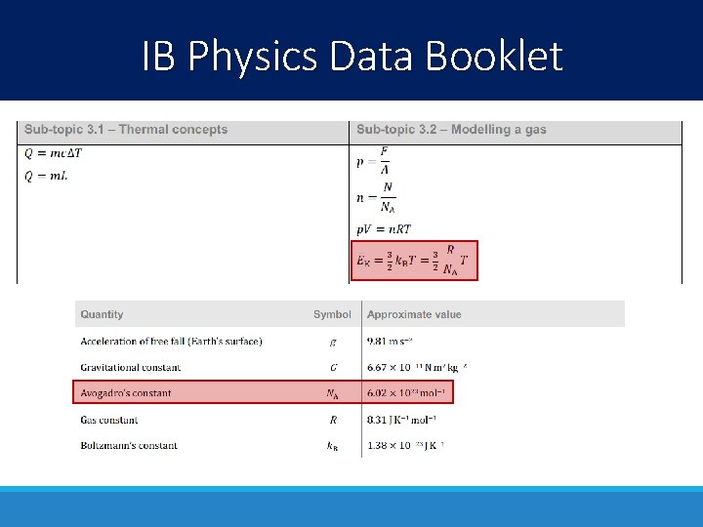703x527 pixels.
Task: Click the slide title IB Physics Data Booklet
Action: [351, 56]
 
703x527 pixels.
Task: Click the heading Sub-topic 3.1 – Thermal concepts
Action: [126, 130]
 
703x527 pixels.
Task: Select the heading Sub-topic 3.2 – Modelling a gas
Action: [451, 130]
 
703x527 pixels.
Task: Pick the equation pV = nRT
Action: [384, 229]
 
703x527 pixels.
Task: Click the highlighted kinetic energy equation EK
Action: [414, 261]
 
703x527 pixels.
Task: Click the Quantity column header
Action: [103, 314]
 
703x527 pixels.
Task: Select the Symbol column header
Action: [332, 314]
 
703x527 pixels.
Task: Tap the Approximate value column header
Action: [414, 314]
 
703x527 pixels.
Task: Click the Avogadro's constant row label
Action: [126, 393]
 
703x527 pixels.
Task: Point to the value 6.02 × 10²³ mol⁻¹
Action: [406, 393]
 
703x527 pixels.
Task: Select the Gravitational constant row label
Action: [130, 367]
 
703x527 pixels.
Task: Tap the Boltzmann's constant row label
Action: [129, 445]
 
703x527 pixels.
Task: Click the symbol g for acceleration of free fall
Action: [333, 342]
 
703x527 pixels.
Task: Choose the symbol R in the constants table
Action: [333, 420]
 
